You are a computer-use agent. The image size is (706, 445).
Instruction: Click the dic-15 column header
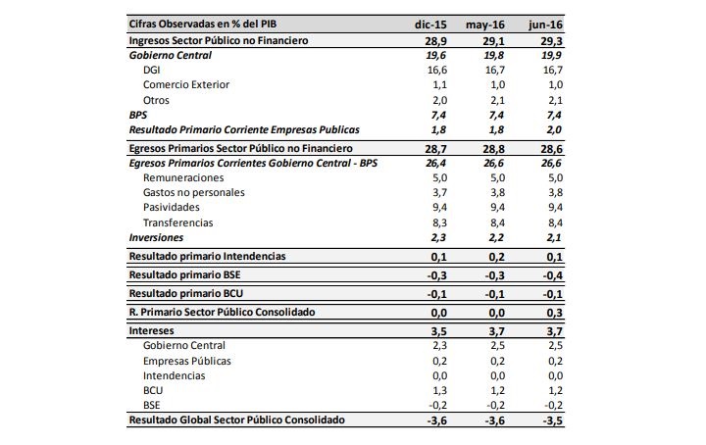point(430,25)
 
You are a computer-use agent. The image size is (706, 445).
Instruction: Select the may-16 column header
point(485,25)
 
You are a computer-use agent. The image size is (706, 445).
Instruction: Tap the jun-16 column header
point(546,25)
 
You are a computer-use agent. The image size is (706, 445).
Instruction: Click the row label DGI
point(151,71)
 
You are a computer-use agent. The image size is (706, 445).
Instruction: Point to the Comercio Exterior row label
point(186,84)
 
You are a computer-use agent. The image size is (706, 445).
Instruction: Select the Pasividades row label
point(171,208)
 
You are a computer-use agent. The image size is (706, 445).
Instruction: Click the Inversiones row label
point(156,237)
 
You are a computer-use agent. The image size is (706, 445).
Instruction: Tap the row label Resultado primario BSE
point(184,274)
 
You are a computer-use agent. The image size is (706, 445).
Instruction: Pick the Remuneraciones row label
point(183,177)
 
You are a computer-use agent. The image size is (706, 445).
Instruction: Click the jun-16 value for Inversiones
point(554,237)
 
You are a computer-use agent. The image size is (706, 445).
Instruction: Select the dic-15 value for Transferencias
point(439,222)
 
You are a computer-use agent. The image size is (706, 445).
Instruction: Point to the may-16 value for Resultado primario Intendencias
point(496,257)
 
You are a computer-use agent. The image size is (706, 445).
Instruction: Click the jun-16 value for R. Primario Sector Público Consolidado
point(554,313)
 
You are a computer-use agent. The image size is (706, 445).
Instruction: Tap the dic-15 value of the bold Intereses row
point(439,331)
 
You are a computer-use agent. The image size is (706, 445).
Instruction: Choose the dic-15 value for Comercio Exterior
point(439,84)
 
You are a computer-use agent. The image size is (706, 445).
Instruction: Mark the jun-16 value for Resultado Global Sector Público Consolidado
point(551,420)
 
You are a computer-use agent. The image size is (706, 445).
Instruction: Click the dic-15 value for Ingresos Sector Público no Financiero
point(435,41)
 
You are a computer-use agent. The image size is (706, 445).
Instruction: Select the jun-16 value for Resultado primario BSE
point(551,275)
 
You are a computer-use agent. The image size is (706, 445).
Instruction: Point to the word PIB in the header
point(268,24)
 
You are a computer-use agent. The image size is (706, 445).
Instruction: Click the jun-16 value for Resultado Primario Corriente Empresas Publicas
point(554,130)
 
